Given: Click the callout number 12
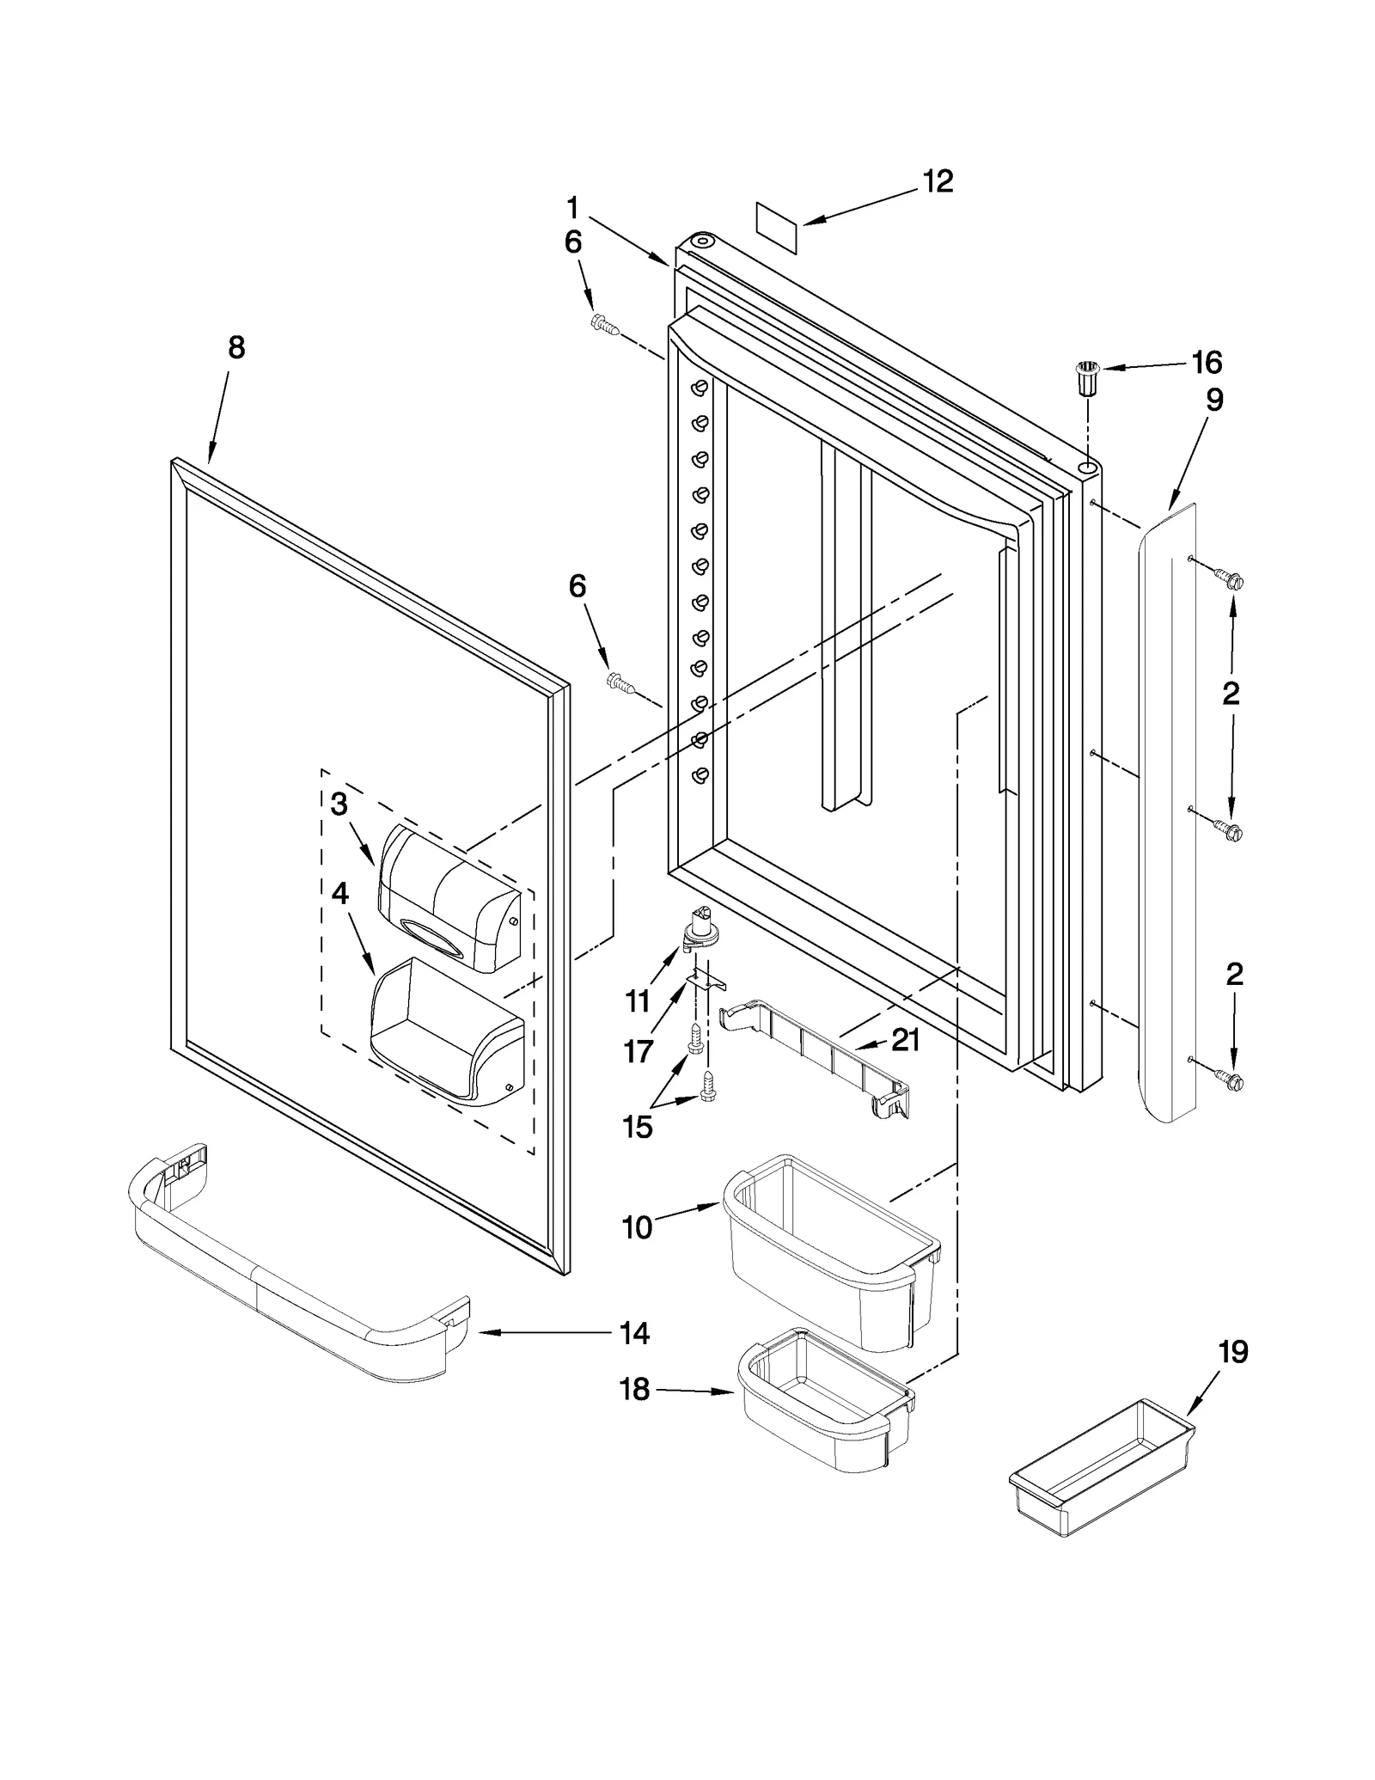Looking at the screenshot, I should click(x=938, y=181).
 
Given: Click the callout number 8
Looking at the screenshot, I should click(x=236, y=347).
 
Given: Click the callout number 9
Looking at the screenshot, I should click(x=1213, y=400).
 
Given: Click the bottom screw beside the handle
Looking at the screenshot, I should click(x=1229, y=1080).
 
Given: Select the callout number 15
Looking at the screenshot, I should click(x=637, y=1127).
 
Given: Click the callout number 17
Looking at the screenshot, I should click(x=639, y=1050).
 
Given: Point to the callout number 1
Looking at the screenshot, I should click(x=572, y=207).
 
